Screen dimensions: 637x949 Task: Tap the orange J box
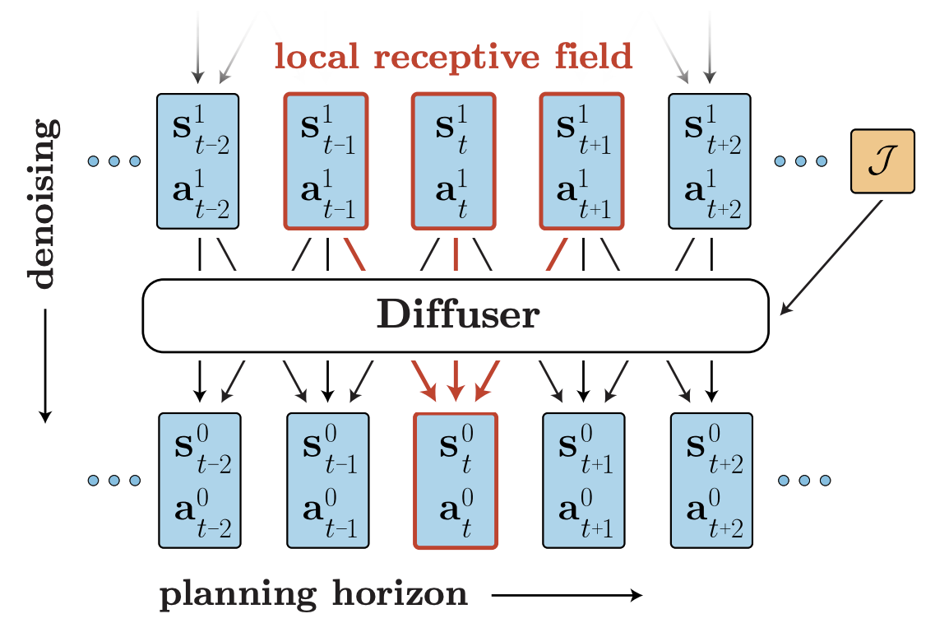click(882, 161)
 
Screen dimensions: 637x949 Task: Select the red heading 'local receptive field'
click(453, 56)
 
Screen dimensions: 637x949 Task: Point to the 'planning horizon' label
click(313, 595)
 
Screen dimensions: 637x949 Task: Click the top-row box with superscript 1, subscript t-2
click(197, 160)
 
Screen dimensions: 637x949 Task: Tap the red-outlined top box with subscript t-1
click(326, 160)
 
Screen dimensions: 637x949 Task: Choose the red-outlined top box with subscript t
click(454, 160)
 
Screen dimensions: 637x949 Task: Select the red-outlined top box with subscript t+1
click(582, 160)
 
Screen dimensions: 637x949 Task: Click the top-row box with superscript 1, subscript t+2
click(711, 160)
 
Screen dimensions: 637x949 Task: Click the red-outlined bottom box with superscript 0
click(455, 480)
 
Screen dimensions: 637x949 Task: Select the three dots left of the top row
click(114, 160)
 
